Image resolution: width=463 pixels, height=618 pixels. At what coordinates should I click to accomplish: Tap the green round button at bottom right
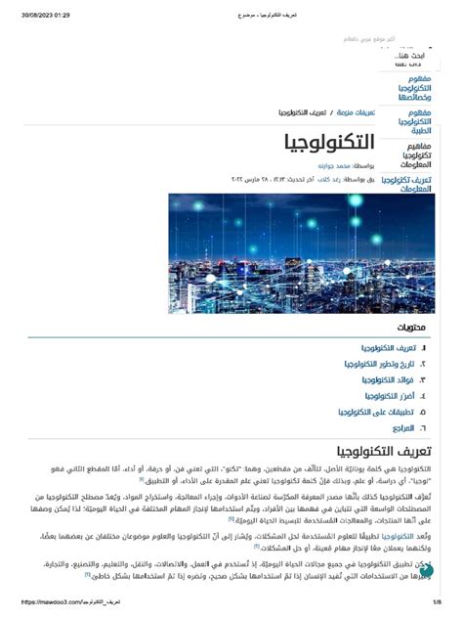[427, 570]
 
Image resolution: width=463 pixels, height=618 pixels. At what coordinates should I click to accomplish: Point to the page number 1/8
[437, 602]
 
